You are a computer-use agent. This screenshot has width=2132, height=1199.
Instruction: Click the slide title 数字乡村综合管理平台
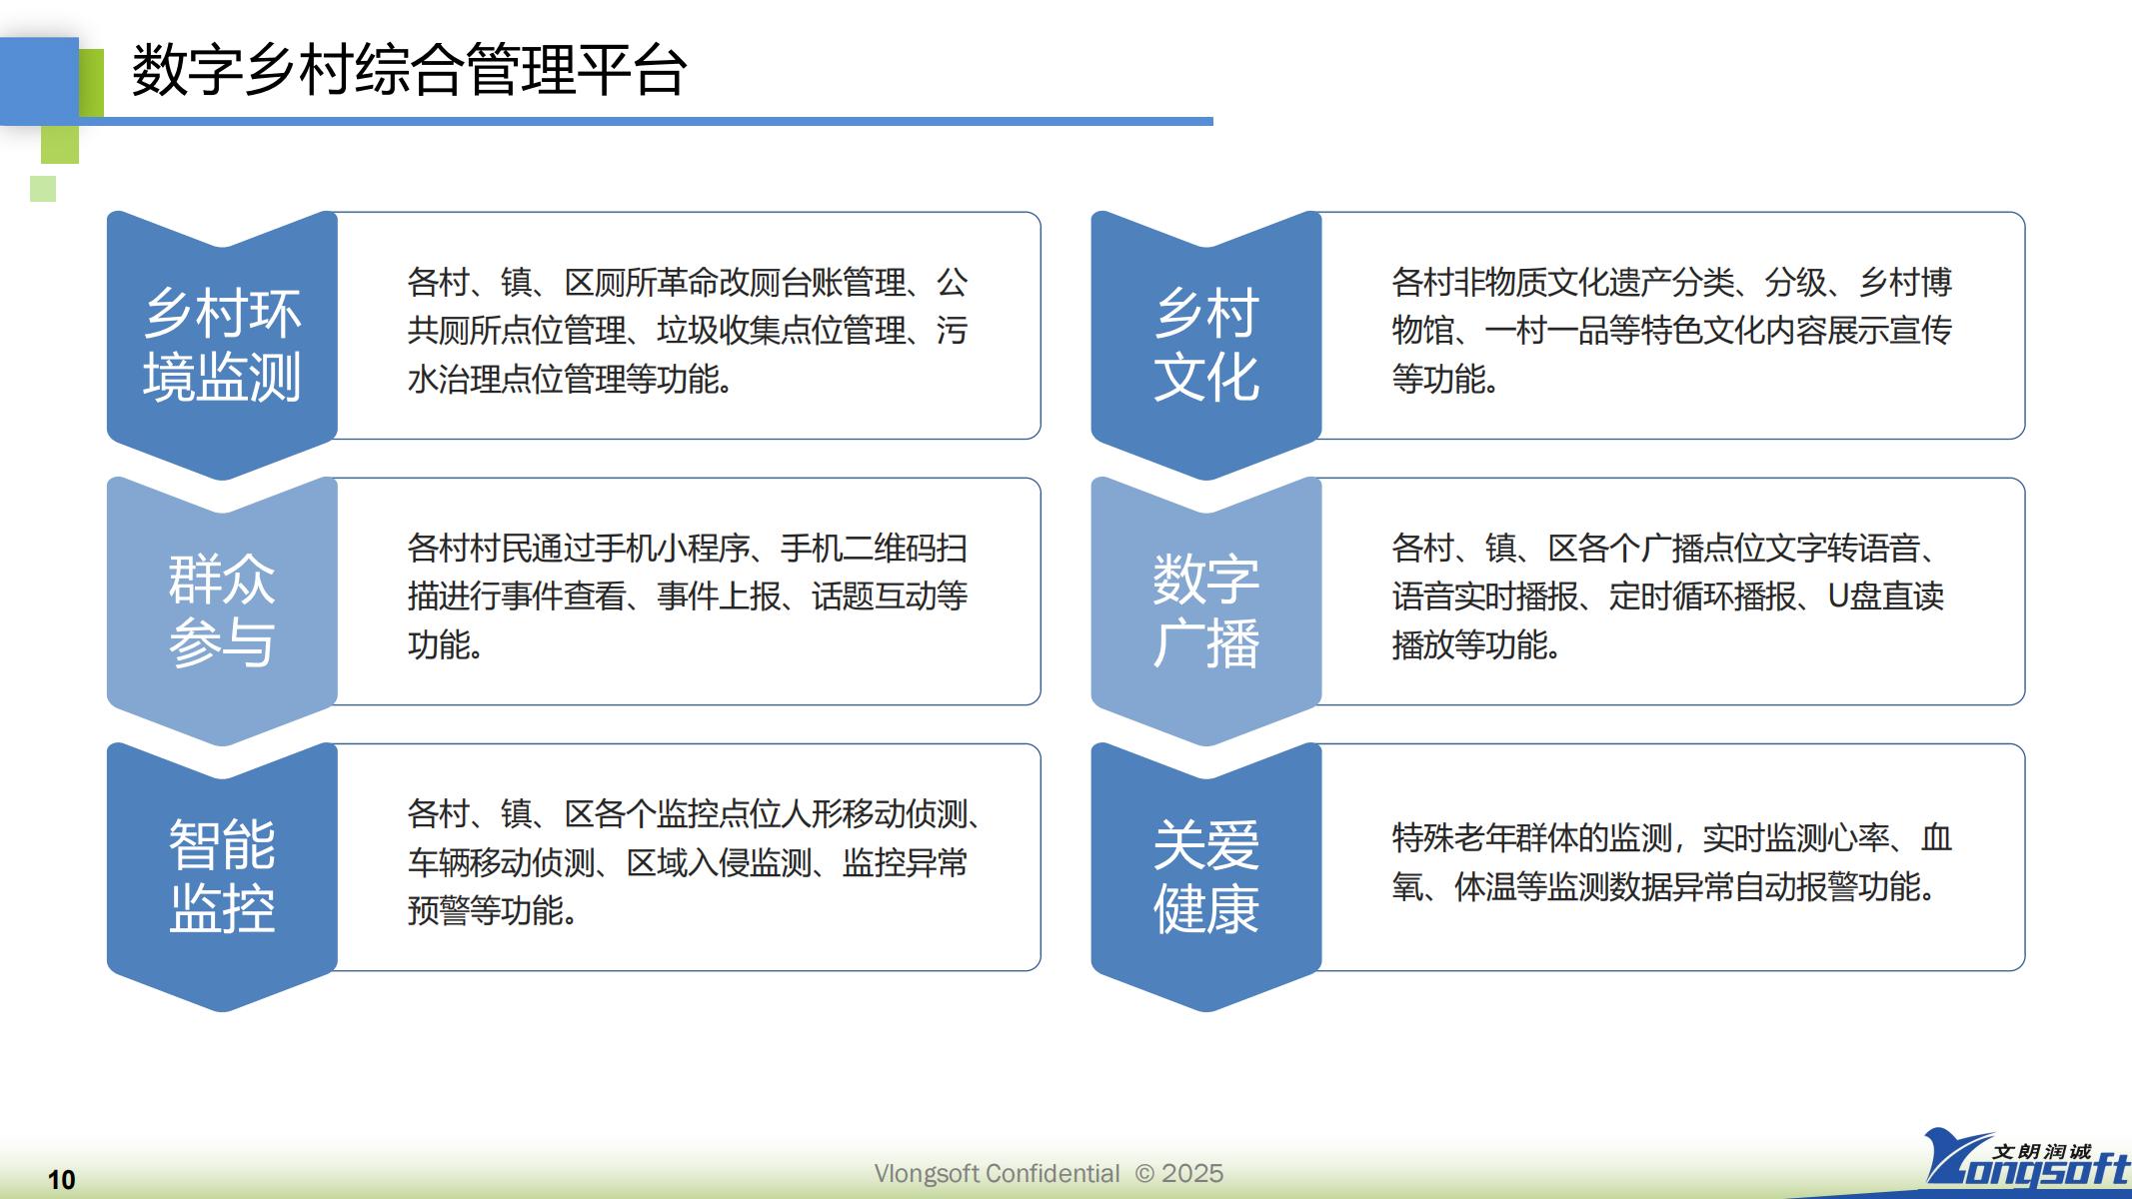[409, 70]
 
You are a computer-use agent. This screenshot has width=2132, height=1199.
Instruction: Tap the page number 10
[61, 1180]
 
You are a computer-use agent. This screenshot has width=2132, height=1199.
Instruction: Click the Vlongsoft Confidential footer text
[997, 1173]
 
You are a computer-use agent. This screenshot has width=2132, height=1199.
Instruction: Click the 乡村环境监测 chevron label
[222, 345]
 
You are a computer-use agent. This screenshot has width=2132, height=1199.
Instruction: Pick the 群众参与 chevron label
[222, 609]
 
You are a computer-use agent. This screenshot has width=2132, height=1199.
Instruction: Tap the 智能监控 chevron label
[222, 876]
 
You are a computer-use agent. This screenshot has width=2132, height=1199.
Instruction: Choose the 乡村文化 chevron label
[1206, 345]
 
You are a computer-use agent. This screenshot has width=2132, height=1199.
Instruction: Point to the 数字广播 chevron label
[1206, 609]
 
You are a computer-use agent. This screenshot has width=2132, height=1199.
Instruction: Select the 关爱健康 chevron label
[1206, 876]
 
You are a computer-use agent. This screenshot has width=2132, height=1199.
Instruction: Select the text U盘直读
[1886, 597]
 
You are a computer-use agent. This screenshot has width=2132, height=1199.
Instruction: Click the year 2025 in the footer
[1192, 1173]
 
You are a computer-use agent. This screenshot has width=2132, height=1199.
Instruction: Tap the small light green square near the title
[43, 189]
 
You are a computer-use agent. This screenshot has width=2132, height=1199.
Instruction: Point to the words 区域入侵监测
[719, 862]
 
